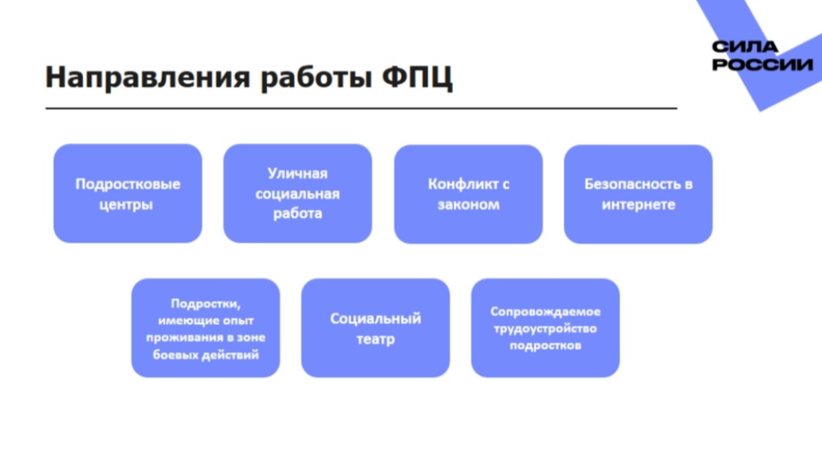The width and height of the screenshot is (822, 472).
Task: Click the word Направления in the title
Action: coord(148,78)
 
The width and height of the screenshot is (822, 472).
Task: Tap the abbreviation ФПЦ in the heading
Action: coord(417,78)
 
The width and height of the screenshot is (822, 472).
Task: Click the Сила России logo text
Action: coord(762,56)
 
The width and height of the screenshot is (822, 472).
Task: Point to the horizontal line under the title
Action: coord(361,108)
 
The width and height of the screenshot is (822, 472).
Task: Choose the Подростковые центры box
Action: coord(128,194)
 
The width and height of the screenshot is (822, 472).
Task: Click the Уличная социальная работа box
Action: coord(298,194)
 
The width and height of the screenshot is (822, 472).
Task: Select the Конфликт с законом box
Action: coord(468,194)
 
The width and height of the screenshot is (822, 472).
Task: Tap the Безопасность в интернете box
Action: coord(639,194)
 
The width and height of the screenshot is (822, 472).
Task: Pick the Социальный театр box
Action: coord(375,328)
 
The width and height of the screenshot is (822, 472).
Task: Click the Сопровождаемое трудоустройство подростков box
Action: coord(545,328)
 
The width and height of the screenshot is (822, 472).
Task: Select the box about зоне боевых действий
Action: coord(205,328)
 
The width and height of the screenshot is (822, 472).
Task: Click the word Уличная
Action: coord(297,174)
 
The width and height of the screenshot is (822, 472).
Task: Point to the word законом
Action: coord(468,204)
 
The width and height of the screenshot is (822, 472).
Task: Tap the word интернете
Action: coord(639,204)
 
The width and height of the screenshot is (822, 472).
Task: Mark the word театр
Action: coord(375,339)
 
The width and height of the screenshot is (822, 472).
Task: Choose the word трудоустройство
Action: coord(545,329)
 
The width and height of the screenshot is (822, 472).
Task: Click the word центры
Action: coord(126,205)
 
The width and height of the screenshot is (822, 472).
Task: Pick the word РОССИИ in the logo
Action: coord(762,64)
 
